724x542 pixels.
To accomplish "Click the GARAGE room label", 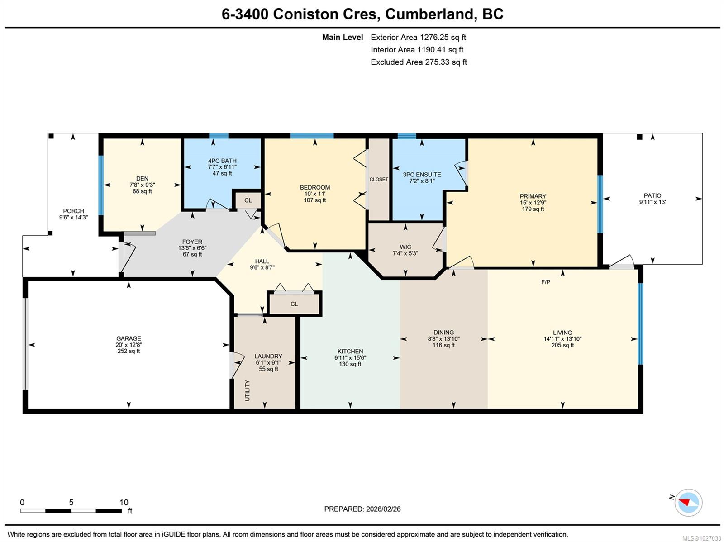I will click(x=129, y=338).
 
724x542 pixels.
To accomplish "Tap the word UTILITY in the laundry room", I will click(x=247, y=390).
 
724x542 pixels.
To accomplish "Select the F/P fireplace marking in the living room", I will click(x=545, y=282).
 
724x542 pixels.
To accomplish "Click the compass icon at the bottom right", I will click(x=688, y=502).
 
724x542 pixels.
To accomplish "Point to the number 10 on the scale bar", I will click(x=124, y=502).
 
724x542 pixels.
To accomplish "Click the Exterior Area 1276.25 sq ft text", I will click(x=418, y=38).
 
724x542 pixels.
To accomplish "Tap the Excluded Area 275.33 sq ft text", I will click(x=419, y=62).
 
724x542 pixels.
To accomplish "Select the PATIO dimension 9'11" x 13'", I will click(x=652, y=202).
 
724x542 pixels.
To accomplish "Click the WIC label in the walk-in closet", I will click(x=405, y=247).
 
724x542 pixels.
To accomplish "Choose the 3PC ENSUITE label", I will click(x=422, y=174).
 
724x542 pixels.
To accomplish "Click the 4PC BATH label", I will click(x=222, y=161).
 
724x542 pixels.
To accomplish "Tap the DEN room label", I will click(x=142, y=179).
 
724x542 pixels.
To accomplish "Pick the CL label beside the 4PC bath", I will click(x=248, y=200).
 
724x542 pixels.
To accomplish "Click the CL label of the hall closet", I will click(x=294, y=304).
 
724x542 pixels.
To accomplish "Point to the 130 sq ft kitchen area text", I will click(x=350, y=364).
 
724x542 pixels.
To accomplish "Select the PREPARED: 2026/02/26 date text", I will click(x=362, y=509).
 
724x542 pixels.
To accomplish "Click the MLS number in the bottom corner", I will click(x=701, y=538).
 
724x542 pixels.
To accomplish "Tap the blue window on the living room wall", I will click(x=640, y=323).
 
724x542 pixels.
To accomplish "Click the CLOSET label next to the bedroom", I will click(x=379, y=179).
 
